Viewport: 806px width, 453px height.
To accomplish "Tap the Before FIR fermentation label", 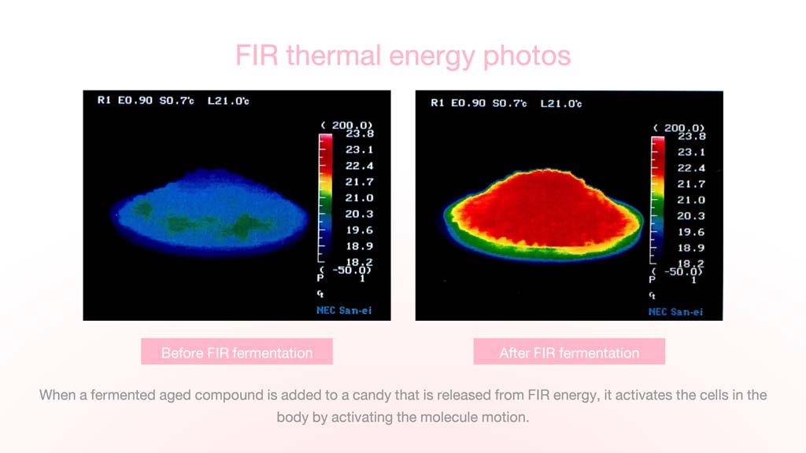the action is click(x=237, y=353).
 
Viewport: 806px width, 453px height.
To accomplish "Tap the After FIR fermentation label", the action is click(x=569, y=353).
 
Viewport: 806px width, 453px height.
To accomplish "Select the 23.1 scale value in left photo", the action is click(x=359, y=149).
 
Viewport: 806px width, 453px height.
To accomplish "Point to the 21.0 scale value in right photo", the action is click(x=691, y=200).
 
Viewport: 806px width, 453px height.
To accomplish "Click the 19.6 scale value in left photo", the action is click(x=359, y=230).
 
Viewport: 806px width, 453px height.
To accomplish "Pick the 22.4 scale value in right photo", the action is click(x=691, y=168).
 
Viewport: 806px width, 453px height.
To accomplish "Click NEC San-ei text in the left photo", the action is click(x=344, y=310).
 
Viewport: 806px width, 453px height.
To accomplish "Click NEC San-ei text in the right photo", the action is click(x=675, y=311).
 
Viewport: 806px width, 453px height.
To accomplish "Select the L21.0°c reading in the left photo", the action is click(x=228, y=101).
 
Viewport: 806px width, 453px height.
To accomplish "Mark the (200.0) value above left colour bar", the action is click(x=346, y=125).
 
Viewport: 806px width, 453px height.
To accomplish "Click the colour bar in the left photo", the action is click(x=325, y=197).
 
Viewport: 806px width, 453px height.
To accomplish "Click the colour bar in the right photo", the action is click(x=657, y=201).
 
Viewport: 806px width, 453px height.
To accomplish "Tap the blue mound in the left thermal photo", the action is click(x=209, y=213).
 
